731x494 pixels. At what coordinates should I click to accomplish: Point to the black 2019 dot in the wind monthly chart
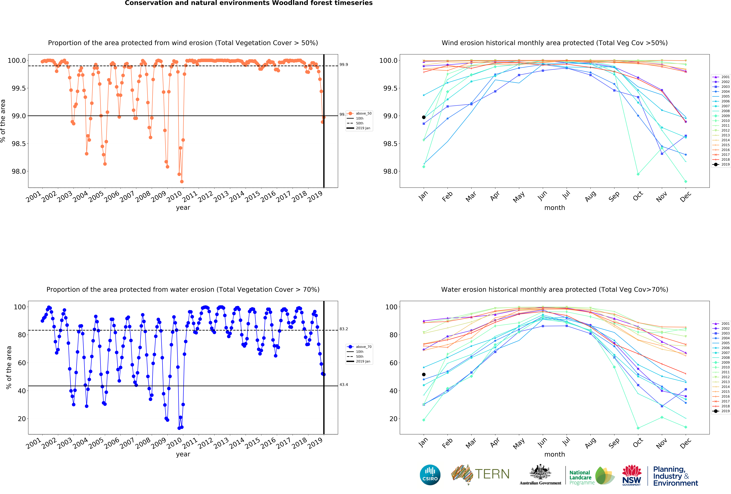[x=424, y=117]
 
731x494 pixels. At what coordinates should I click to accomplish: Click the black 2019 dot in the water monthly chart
[x=424, y=375]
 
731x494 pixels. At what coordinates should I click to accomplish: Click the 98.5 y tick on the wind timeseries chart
[x=19, y=144]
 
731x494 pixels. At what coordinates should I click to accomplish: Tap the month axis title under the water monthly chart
[x=555, y=454]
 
